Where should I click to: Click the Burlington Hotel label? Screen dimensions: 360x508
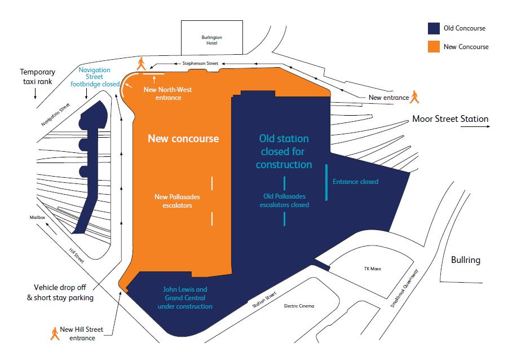tap(211, 41)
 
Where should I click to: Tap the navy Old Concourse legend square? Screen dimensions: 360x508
tap(433, 29)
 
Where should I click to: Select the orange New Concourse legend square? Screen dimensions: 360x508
tap(433, 46)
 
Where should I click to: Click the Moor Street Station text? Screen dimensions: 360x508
tap(450, 119)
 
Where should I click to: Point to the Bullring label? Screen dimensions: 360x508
tap(465, 260)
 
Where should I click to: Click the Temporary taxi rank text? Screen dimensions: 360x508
tap(38, 77)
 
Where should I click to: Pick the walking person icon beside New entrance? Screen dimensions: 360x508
tap(416, 97)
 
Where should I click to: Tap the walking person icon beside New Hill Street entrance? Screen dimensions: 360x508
tap(55, 333)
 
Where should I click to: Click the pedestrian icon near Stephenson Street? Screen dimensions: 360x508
tap(141, 63)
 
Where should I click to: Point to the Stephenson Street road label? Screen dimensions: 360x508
tap(200, 64)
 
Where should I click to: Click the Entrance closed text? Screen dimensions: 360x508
tap(355, 182)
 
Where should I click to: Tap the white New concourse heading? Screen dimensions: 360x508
tap(183, 138)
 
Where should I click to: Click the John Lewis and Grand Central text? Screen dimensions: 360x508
tap(185, 297)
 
